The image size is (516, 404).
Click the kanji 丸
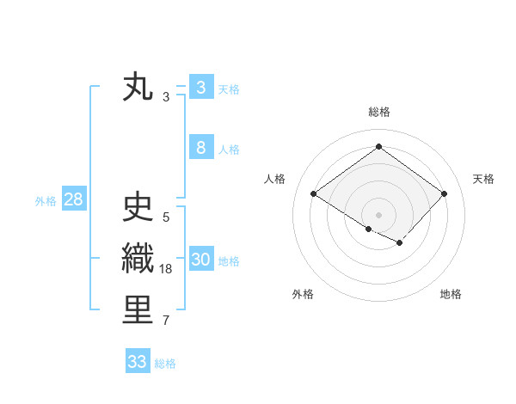(138, 87)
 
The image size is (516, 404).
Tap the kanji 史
(138, 208)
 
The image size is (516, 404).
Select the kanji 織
(138, 259)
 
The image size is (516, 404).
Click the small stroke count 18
(166, 269)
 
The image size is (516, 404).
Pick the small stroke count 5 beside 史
(166, 217)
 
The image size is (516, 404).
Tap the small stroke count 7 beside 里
(166, 321)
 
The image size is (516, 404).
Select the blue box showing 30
(200, 260)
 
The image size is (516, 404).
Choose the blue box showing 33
(138, 362)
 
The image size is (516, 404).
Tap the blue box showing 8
(200, 148)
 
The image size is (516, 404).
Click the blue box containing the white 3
(200, 88)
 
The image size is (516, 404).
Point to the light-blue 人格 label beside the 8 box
(229, 150)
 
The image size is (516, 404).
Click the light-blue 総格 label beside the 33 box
(165, 364)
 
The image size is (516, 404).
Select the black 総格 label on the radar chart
(379, 112)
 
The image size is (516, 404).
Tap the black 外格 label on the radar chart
(303, 294)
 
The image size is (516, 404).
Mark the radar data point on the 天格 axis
(444, 193)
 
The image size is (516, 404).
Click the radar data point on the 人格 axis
(314, 193)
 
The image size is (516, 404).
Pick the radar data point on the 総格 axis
(378, 146)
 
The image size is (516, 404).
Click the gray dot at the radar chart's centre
(378, 214)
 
